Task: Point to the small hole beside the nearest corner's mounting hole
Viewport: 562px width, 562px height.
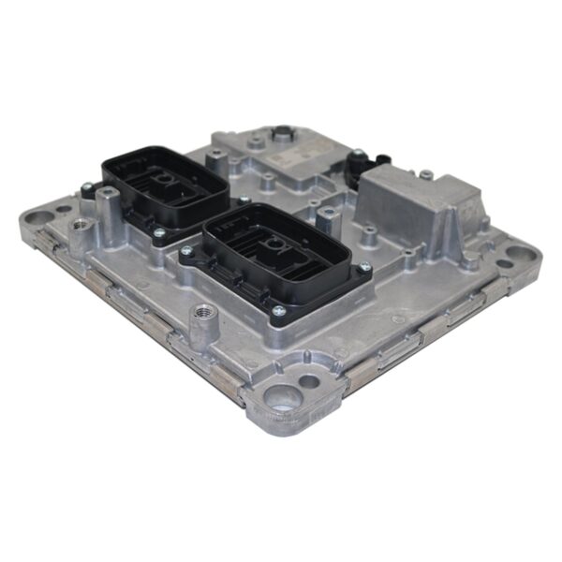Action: (308, 381)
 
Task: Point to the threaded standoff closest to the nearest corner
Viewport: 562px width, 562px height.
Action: (201, 323)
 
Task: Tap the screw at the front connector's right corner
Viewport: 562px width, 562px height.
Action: (363, 268)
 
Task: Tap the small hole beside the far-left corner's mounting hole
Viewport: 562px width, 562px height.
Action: (63, 209)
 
